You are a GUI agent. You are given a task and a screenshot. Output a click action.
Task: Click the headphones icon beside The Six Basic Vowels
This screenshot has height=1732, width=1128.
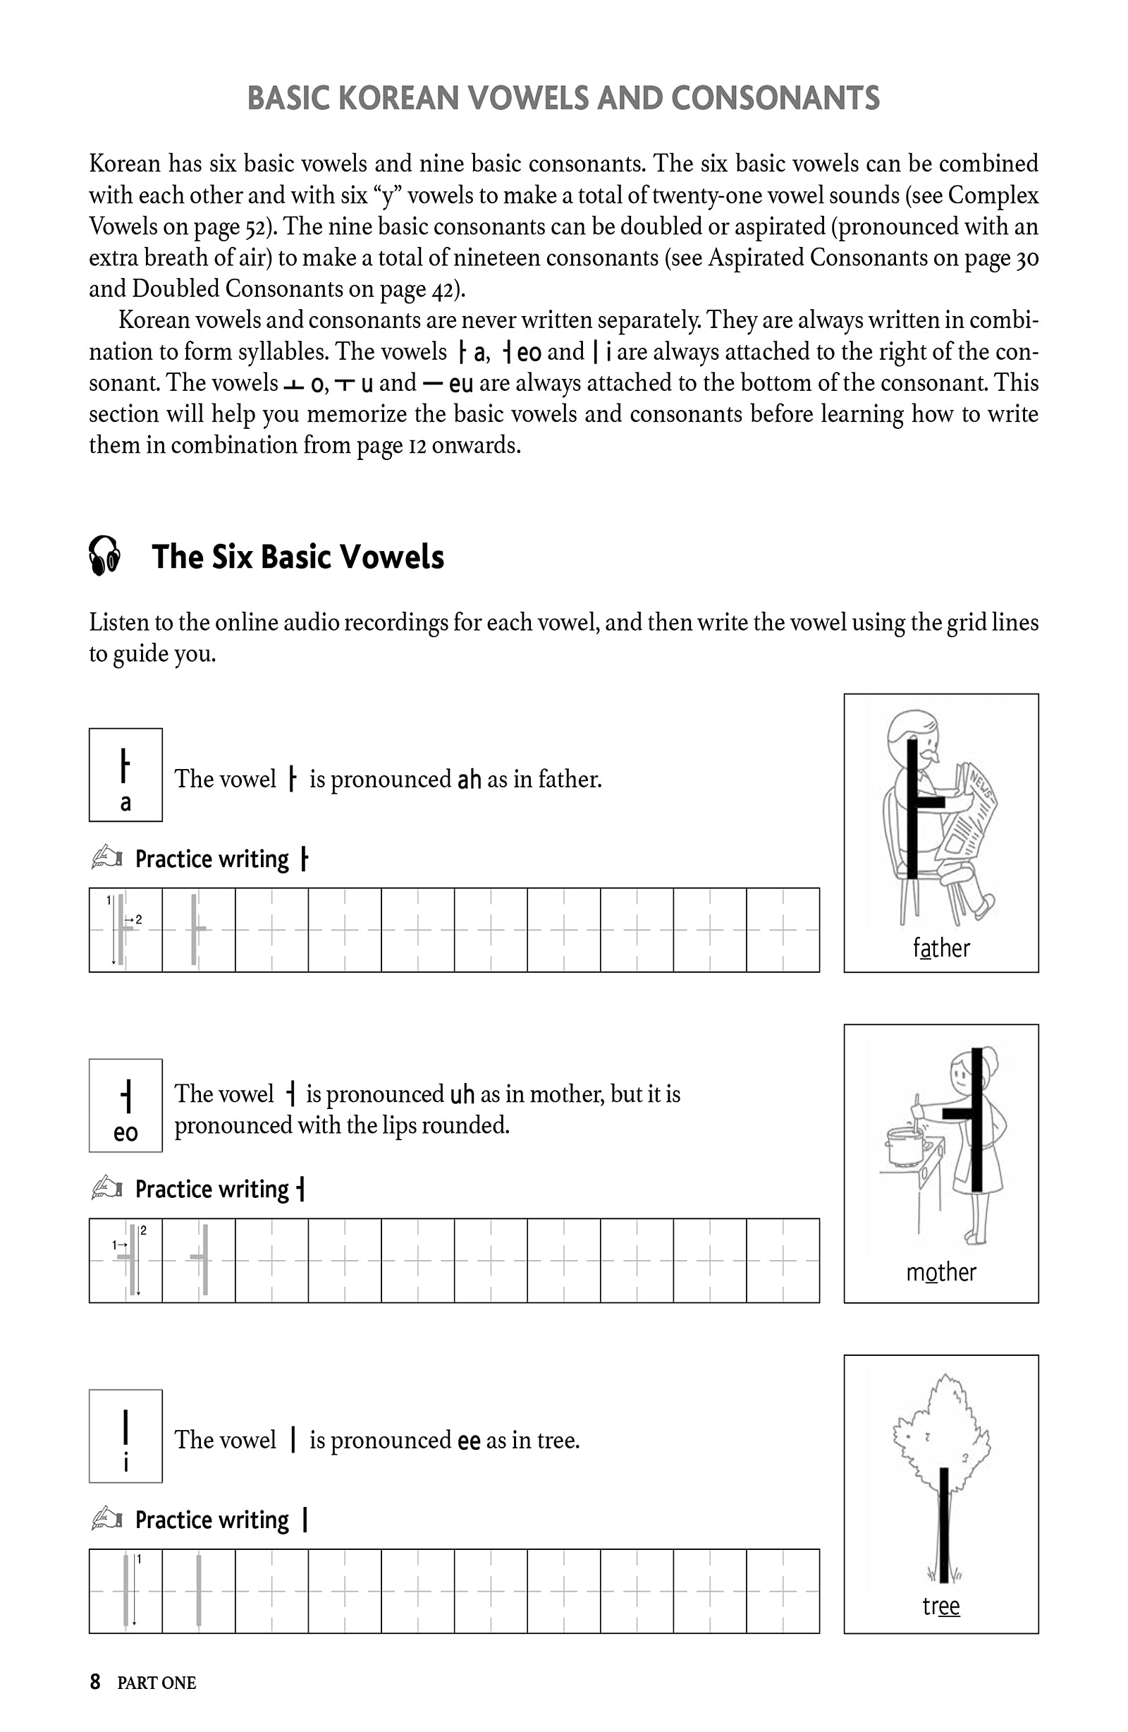pos(104,556)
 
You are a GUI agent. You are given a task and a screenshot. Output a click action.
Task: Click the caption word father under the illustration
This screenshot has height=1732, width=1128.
pos(941,948)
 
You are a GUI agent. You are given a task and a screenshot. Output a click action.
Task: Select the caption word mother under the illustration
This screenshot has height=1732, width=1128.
pos(941,1272)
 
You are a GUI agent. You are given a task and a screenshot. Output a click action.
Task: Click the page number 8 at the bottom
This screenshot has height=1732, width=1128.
pos(95,1682)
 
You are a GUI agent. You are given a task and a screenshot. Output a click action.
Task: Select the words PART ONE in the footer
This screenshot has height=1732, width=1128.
pos(157,1683)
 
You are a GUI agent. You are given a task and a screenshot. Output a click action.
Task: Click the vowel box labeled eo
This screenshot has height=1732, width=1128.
pos(125,1106)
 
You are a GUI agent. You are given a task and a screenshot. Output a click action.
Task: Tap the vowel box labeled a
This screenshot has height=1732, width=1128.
pos(125,775)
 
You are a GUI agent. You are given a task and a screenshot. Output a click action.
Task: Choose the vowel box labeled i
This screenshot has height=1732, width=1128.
pos(125,1436)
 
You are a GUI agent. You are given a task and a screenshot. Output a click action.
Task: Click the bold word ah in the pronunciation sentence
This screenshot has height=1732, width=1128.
pos(469,780)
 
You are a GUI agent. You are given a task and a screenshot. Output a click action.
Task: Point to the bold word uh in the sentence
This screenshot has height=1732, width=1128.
pos(462,1094)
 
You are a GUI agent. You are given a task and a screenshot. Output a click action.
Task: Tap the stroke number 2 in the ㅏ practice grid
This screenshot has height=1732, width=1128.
pos(138,920)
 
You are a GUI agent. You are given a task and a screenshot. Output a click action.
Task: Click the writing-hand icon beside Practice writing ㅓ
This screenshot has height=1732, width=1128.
pos(107,1187)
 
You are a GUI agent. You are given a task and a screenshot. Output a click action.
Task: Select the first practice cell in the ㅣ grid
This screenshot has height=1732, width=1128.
pos(125,1592)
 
